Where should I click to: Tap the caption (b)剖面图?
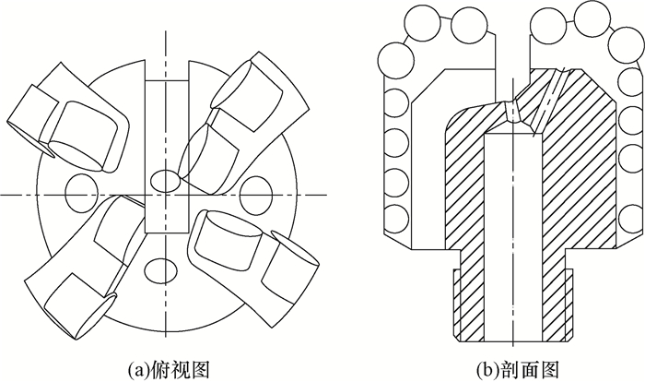[509, 368]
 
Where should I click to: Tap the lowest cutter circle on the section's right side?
[626, 221]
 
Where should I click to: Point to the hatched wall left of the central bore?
[463, 203]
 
